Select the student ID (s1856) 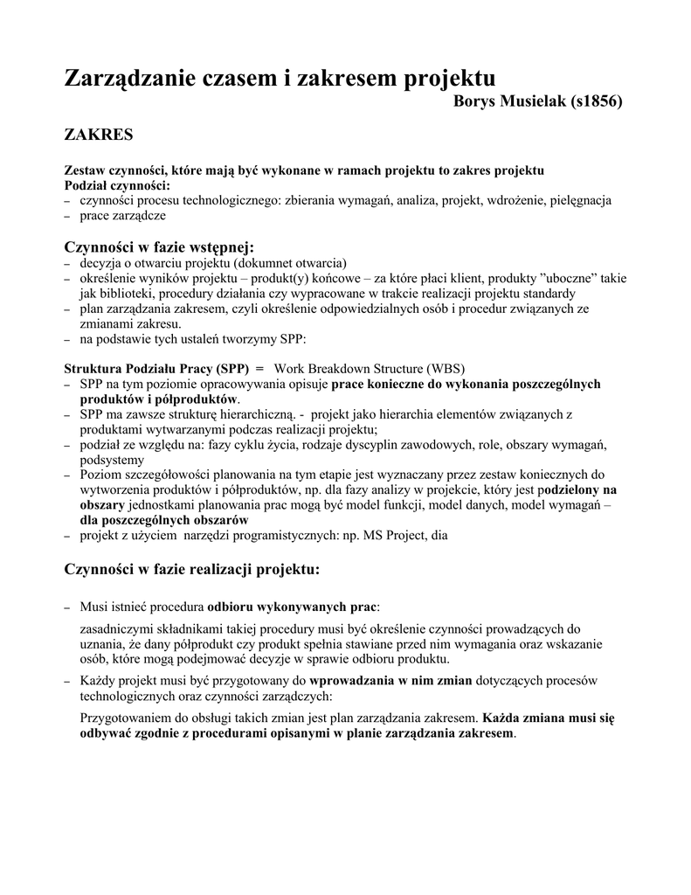[x=597, y=101]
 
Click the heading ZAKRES [x=100, y=135]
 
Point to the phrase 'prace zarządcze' [x=122, y=215]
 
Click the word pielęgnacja [x=580, y=200]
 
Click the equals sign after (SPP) [x=259, y=368]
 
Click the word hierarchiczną [x=248, y=414]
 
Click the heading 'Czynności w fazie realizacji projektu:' [x=193, y=570]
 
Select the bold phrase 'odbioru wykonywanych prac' [x=292, y=607]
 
